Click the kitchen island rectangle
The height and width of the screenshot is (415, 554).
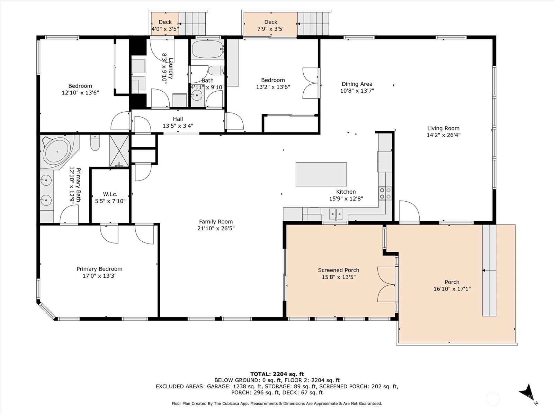click(321, 174)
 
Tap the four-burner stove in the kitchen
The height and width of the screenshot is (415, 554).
click(385, 193)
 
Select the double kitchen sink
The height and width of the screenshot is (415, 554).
click(336, 214)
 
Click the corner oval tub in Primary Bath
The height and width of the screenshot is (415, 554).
click(57, 152)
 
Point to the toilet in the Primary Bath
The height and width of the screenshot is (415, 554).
click(95, 142)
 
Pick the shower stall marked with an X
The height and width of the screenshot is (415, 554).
click(119, 151)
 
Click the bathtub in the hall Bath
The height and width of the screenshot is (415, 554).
click(208, 49)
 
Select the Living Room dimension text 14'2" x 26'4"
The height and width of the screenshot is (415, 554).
click(444, 135)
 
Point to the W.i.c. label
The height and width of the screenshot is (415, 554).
click(110, 194)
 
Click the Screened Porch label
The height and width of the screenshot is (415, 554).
click(338, 270)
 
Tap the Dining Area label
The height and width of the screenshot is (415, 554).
click(357, 84)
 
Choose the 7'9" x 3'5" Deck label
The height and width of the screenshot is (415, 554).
click(271, 29)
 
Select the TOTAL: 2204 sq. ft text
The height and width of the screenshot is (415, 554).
click(277, 374)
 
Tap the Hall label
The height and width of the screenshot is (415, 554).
click(178, 119)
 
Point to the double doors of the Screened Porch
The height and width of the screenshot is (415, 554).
click(386, 284)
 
